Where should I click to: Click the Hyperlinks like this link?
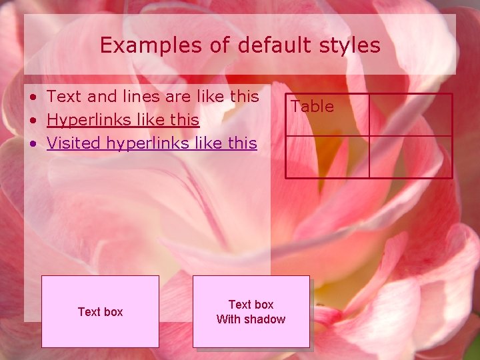[x=123, y=120]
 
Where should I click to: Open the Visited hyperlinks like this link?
[x=152, y=143]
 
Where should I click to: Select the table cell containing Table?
[x=327, y=115]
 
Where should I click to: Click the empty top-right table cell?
[x=411, y=115]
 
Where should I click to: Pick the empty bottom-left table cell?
[x=327, y=157]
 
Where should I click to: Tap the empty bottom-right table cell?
[x=411, y=157]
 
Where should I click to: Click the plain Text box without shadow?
[x=100, y=311]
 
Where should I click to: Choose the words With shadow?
[x=251, y=319]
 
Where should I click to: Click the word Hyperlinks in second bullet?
[x=86, y=120]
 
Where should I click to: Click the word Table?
[x=312, y=106]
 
